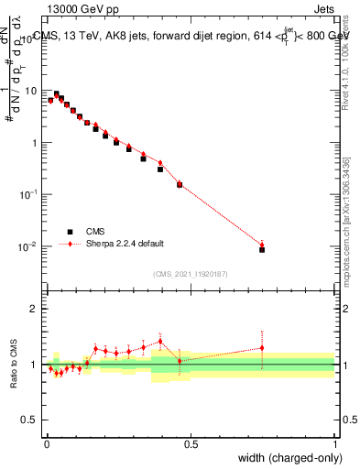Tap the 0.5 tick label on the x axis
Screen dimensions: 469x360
click(191, 444)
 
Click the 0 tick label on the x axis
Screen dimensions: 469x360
click(46, 444)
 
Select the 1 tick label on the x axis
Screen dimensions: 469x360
click(335, 444)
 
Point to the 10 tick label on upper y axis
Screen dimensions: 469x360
click(30, 92)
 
